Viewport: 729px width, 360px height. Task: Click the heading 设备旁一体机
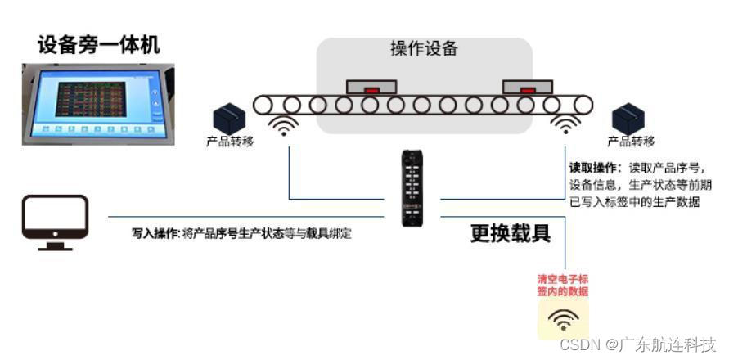[x=99, y=44]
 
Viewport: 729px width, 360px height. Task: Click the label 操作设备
[x=424, y=49]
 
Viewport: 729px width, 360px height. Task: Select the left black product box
[x=230, y=118]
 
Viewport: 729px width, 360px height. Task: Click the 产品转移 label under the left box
[x=230, y=142]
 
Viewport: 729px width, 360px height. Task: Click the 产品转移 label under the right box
[x=631, y=142]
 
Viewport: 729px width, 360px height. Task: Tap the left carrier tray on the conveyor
[x=371, y=85]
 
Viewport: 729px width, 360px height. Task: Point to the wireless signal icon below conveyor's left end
[x=285, y=125]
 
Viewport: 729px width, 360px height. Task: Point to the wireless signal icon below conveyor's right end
[x=565, y=125]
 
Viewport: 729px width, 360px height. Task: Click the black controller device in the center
[x=412, y=187]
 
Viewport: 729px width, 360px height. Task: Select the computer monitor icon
[x=55, y=222]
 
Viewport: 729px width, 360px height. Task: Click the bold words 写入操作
[x=155, y=233]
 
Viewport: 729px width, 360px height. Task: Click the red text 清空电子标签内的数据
[x=563, y=285]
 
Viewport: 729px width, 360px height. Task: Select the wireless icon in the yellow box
[x=563, y=318]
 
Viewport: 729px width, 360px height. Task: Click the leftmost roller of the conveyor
[x=262, y=105]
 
